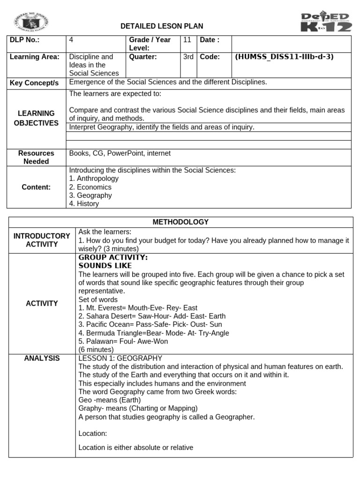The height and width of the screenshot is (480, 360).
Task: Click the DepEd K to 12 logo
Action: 325,22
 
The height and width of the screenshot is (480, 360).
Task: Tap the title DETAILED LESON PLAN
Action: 162,26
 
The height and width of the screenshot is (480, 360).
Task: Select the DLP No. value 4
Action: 71,40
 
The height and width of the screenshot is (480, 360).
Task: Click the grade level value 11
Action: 187,40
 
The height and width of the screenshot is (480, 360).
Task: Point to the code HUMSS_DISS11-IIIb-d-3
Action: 284,57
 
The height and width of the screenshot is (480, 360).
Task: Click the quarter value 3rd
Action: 188,57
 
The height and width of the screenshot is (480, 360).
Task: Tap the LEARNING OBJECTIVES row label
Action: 36,118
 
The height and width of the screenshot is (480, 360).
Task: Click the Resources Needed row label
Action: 36,157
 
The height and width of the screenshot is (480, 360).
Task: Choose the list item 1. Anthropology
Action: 94,179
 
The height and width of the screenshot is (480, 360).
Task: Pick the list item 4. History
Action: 84,204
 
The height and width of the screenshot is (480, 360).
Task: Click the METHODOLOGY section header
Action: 180,222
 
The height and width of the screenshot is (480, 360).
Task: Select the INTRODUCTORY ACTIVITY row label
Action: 42,240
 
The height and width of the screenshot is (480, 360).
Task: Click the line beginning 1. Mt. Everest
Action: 138,308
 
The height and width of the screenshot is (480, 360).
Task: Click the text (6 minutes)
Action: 96,350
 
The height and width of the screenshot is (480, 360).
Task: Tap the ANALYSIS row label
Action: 42,358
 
